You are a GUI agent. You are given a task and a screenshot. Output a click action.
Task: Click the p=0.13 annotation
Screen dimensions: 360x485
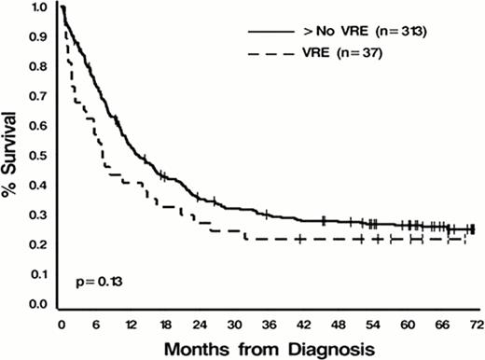[91, 280]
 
